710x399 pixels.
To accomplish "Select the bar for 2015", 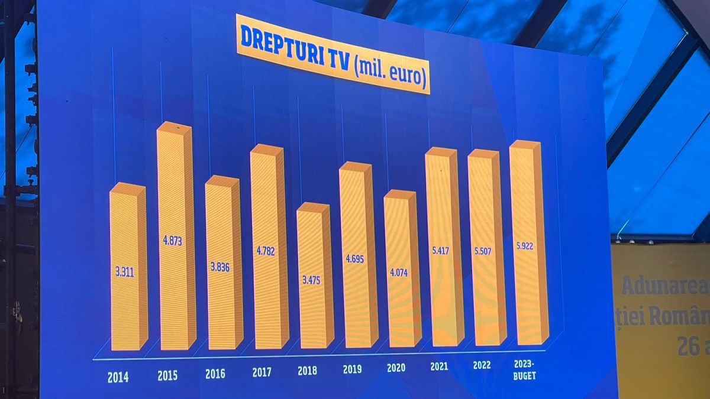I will point(176,236).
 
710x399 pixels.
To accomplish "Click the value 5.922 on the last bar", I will point(524,245).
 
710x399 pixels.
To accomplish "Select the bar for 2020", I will point(402,269).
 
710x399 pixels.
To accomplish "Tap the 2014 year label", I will point(118,377).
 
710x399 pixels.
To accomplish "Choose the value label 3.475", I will point(311,280).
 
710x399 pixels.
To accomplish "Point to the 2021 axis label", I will point(439,366).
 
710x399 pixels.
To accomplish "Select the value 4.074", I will point(398,273).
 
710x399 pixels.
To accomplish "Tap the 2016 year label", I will point(215,374).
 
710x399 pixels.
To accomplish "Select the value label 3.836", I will point(219,267).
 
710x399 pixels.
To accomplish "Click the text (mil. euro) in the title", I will point(392,74).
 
